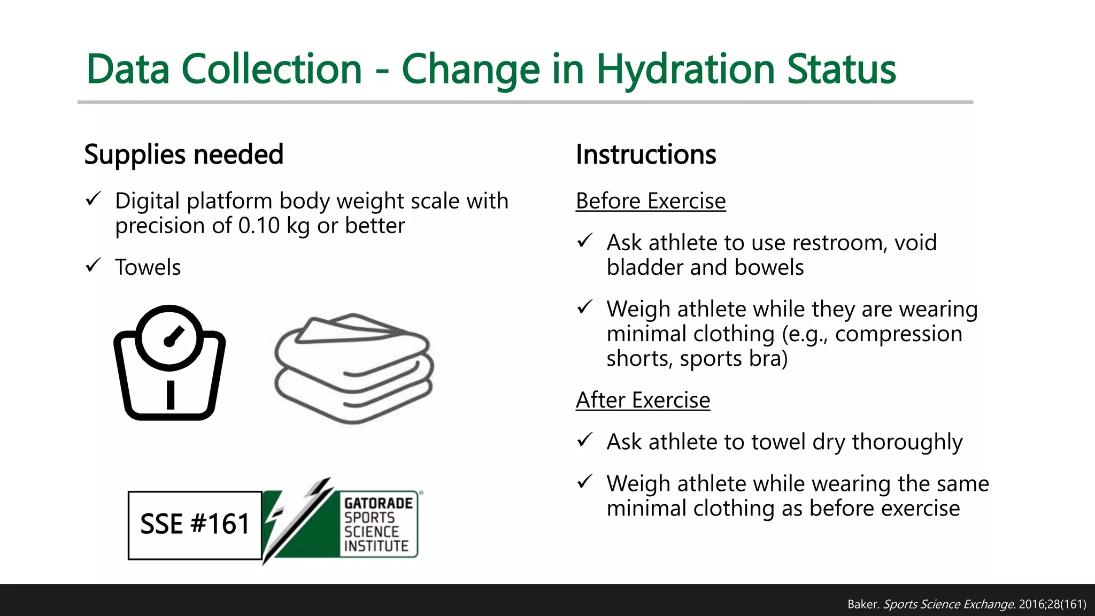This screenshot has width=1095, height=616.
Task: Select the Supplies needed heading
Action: pyautogui.click(x=183, y=155)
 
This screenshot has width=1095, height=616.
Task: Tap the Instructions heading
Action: pyautogui.click(x=645, y=155)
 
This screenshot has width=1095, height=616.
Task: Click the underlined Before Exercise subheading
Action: pyautogui.click(x=650, y=201)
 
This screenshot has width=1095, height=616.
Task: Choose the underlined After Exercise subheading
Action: pyautogui.click(x=643, y=400)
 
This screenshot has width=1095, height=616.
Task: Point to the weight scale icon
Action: pyautogui.click(x=169, y=363)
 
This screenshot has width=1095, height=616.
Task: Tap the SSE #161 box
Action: pyautogui.click(x=195, y=525)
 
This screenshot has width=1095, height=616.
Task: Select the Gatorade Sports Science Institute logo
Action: pyautogui.click(x=342, y=521)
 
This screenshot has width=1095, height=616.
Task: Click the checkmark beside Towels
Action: pyautogui.click(x=93, y=265)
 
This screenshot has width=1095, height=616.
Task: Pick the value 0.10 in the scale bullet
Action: pyautogui.click(x=259, y=226)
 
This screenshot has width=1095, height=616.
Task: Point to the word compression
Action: pyautogui.click(x=898, y=334)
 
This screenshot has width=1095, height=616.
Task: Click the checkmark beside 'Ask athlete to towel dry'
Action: pyautogui.click(x=585, y=440)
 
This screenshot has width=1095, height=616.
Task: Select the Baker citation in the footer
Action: pyautogui.click(x=966, y=604)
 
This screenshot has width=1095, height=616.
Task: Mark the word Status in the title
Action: pyautogui.click(x=841, y=70)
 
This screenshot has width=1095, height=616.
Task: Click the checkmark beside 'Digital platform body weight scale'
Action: pyautogui.click(x=93, y=199)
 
